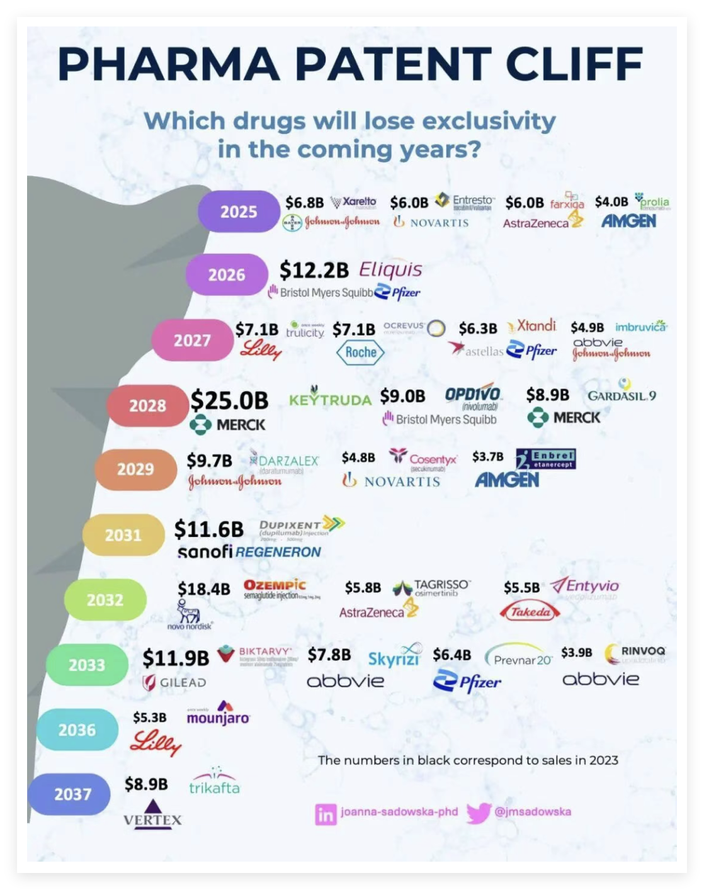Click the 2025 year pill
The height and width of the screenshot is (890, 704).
pos(239,211)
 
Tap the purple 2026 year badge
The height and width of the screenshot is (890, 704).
pos(227,274)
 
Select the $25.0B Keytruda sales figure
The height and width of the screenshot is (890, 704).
pos(229,400)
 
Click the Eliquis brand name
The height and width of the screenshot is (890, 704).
pos(390,270)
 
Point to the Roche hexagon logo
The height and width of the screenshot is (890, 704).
pos(360,352)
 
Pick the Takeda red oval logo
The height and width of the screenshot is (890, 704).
pos(530,611)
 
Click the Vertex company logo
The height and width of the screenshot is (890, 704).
pos(152,812)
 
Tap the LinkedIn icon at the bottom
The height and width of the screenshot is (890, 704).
pos(326,814)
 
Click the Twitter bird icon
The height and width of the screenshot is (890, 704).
pos(479,813)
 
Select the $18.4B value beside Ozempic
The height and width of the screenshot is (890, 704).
pos(204,589)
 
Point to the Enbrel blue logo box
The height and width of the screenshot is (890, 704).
pos(546,459)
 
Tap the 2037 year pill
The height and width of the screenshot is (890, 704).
pos(72,794)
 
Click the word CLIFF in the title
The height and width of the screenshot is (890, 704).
pos(575,64)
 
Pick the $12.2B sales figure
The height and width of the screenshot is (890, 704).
pos(314,270)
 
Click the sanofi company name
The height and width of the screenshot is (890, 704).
pos(205,551)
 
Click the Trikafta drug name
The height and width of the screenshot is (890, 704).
pos(214,787)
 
